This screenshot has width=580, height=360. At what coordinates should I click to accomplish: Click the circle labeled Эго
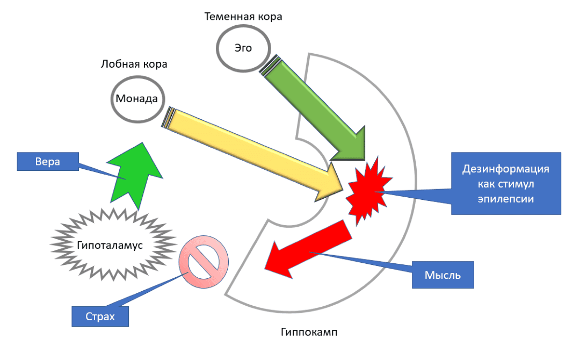click(x=243, y=48)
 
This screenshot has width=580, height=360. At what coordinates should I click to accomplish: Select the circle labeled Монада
click(x=136, y=99)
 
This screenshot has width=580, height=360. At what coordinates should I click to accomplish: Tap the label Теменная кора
click(x=243, y=17)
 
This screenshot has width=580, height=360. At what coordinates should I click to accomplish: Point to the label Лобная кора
click(x=134, y=64)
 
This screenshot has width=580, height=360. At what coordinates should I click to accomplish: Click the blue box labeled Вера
click(x=47, y=161)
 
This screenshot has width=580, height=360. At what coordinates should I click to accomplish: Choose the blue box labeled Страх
click(x=100, y=316)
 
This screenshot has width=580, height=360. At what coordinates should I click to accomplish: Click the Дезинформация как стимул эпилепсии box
click(x=505, y=183)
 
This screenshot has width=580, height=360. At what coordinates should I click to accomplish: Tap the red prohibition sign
click(x=204, y=262)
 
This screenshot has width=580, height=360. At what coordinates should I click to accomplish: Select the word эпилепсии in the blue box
click(x=506, y=198)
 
